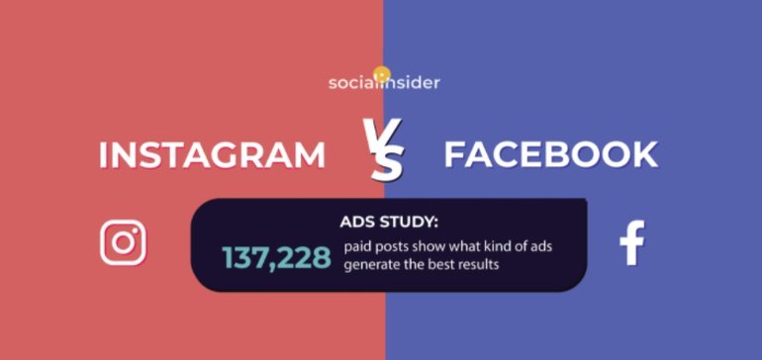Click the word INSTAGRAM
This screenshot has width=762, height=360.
pos(212,155)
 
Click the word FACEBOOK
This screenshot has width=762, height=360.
pos(551,155)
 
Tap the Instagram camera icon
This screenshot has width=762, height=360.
pos(123,243)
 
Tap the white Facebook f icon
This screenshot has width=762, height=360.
pos(632,243)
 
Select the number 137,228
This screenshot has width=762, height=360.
pos(276,257)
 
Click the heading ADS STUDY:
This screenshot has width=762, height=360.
pos(389,222)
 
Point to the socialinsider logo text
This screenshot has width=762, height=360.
pos(384,83)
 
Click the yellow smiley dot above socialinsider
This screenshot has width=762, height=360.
pos(382,74)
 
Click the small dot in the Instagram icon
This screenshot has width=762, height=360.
pos(136,231)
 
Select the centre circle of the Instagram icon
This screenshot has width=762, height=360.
pos(123,243)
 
